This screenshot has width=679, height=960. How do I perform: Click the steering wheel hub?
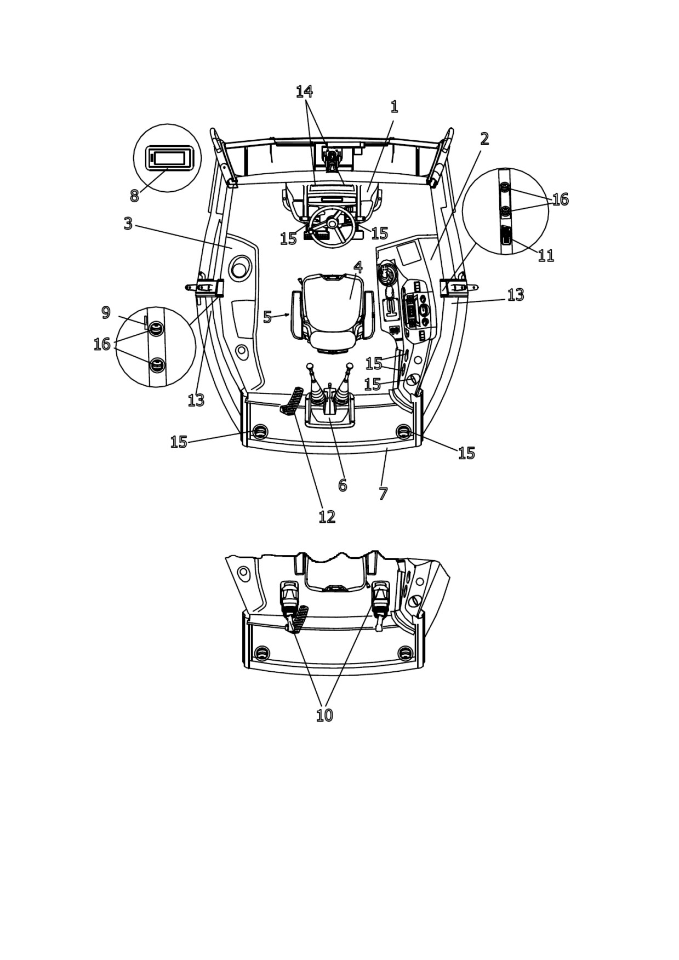pyautogui.click(x=332, y=224)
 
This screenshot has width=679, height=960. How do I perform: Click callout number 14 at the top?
pyautogui.click(x=304, y=92)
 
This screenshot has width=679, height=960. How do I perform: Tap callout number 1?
pyautogui.click(x=394, y=107)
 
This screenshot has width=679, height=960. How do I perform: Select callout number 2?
pyautogui.click(x=484, y=139)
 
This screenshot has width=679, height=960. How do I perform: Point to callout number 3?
pyautogui.click(x=128, y=224)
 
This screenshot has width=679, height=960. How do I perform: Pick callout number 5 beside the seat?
pyautogui.click(x=267, y=317)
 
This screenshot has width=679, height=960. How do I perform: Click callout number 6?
pyautogui.click(x=343, y=485)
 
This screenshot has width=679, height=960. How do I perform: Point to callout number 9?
pyautogui.click(x=106, y=313)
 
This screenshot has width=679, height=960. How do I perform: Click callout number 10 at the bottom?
pyautogui.click(x=324, y=716)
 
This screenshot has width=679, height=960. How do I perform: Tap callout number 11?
pyautogui.click(x=546, y=256)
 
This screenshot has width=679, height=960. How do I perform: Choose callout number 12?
pyautogui.click(x=327, y=517)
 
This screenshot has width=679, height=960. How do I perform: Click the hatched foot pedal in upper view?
pyautogui.click(x=292, y=401)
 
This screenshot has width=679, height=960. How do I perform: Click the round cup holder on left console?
pyautogui.click(x=239, y=269)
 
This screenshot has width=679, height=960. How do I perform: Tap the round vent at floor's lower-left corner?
pyautogui.click(x=260, y=432)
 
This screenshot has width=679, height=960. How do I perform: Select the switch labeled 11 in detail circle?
pyautogui.click(x=506, y=236)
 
